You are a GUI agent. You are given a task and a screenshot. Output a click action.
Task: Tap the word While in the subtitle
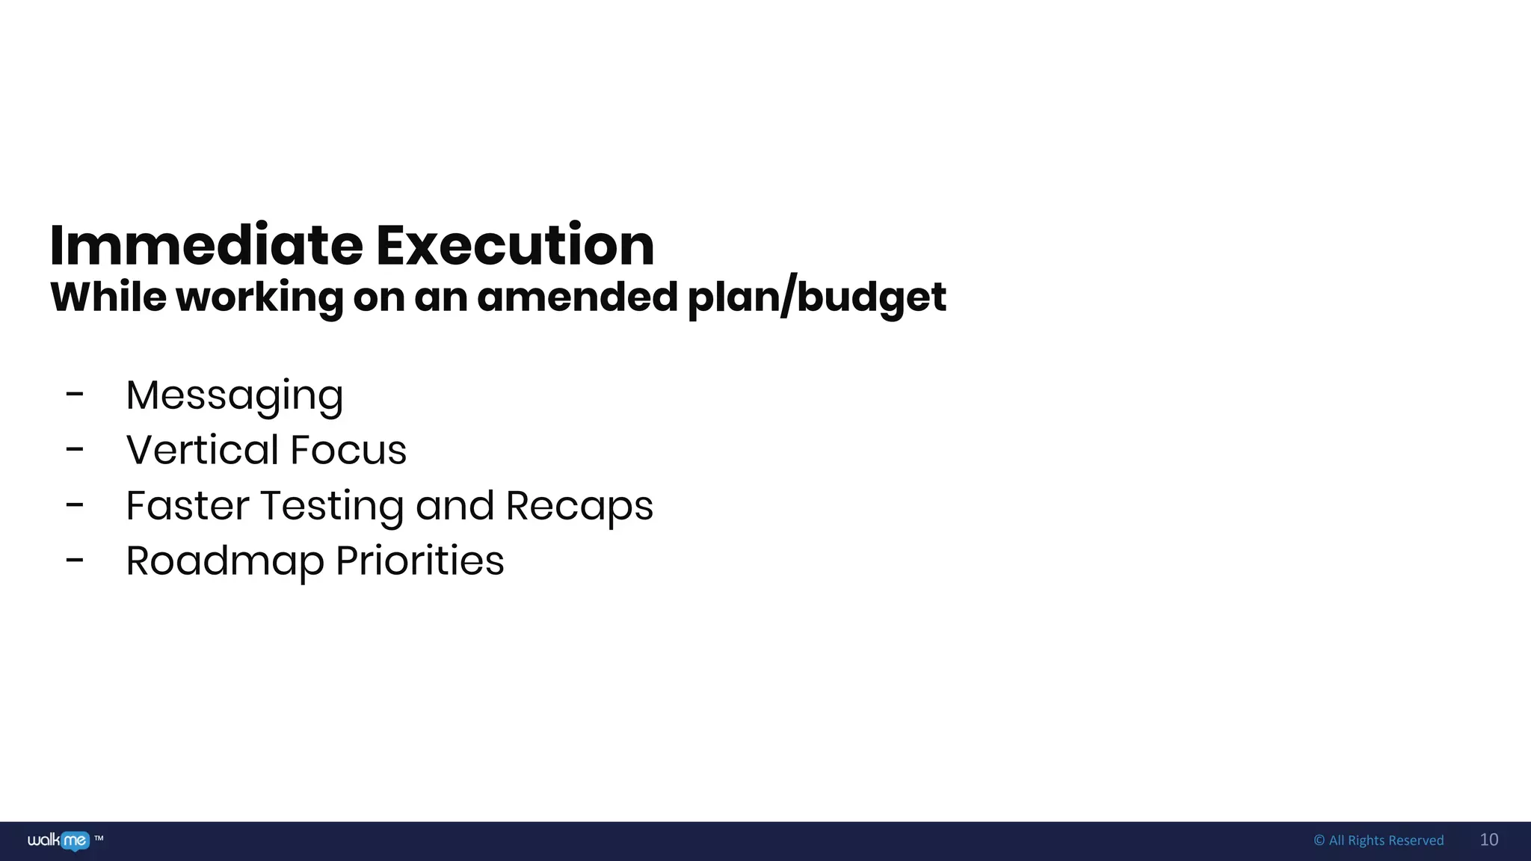point(108,297)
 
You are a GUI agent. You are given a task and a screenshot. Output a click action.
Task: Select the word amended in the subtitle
point(577,297)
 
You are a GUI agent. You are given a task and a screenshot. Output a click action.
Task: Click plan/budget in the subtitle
point(816,298)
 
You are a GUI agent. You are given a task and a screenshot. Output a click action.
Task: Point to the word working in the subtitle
point(259,298)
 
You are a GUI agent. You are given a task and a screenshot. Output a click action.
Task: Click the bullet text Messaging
point(235,395)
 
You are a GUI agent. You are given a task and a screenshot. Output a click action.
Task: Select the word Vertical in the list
point(202,450)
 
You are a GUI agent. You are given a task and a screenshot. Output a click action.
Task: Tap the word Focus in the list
point(348,450)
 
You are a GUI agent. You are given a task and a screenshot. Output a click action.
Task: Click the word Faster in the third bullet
point(187,505)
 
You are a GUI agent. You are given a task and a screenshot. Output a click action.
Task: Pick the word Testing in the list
point(333,507)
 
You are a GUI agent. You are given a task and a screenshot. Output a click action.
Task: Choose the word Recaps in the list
point(579,507)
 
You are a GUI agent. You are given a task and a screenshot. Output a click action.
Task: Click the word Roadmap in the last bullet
point(224,561)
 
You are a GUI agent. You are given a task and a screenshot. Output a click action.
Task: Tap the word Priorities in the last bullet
point(420,561)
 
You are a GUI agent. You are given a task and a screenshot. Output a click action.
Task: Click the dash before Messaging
point(75,395)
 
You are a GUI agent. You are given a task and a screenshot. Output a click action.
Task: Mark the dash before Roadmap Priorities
point(75,561)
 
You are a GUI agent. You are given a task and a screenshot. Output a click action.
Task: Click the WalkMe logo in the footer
point(58,841)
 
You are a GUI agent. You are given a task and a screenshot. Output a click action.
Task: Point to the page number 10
point(1488,840)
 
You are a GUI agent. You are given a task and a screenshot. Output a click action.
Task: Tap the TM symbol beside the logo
point(99,839)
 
